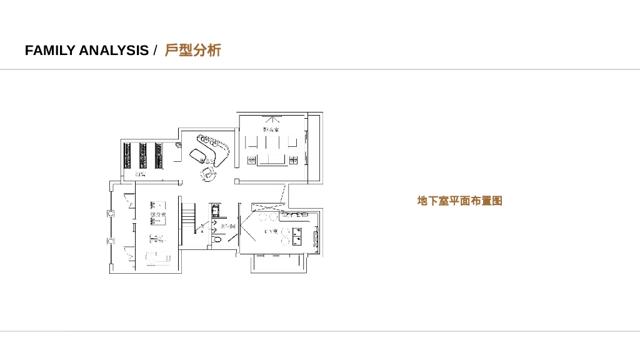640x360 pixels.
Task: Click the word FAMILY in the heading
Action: coord(50,51)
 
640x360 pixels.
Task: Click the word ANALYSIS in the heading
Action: coord(114,51)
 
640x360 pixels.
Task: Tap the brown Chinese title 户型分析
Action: coord(192,51)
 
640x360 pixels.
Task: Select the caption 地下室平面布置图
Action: coord(459,201)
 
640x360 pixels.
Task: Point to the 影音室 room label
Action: coord(271,129)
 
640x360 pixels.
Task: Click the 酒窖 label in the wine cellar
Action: coord(140,174)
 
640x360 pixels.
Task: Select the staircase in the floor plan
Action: coord(188,216)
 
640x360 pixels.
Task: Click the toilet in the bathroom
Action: coord(217,239)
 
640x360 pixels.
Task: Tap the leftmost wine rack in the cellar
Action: coord(127,156)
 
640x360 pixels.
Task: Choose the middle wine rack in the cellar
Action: coord(143,156)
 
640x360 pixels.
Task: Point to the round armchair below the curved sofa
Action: coord(207,172)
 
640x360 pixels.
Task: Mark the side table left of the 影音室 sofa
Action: coord(251,160)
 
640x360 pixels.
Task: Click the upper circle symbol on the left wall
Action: coord(111,213)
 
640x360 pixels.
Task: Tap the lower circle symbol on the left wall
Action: coord(111,241)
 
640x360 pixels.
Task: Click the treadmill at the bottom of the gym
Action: coord(157,257)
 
